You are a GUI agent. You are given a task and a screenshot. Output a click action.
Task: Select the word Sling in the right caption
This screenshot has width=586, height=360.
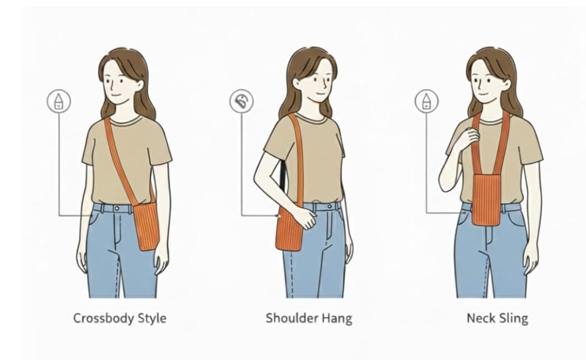512,318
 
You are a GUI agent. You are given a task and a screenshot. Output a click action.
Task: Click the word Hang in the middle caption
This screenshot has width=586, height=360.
336,318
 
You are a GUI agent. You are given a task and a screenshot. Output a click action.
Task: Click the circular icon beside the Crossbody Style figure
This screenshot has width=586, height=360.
59,102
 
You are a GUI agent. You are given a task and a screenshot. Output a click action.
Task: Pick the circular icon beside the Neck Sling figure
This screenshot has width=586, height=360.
426,102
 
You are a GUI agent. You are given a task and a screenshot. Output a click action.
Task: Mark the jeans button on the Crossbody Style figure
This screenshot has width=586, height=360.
119,209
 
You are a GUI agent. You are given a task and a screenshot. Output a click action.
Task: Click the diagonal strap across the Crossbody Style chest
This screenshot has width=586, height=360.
122,159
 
